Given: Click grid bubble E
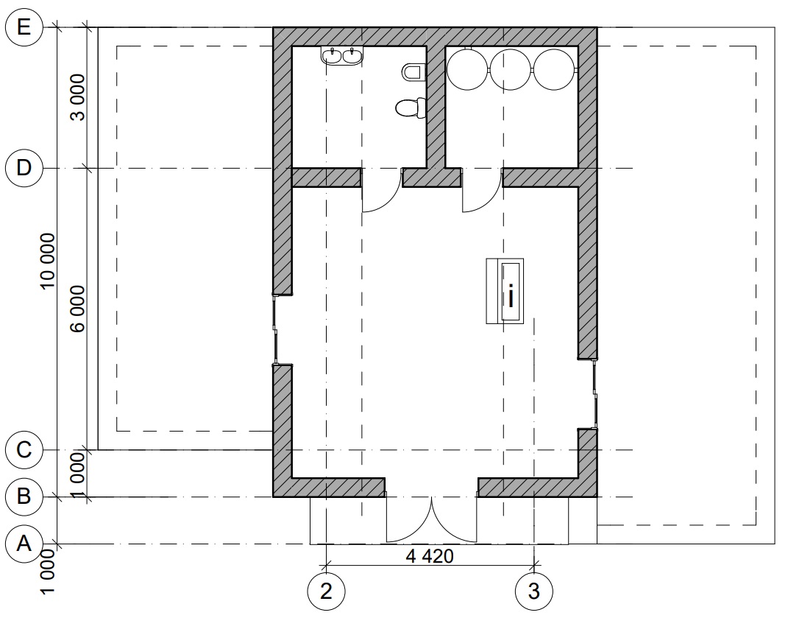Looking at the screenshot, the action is pyautogui.click(x=24, y=27).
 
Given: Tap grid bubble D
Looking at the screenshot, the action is pyautogui.click(x=24, y=168).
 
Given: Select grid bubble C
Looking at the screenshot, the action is pyautogui.click(x=24, y=449).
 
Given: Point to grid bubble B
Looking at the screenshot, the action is pyautogui.click(x=24, y=496).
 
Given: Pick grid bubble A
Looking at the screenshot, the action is pyautogui.click(x=24, y=544).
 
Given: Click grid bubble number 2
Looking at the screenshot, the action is pyautogui.click(x=326, y=591).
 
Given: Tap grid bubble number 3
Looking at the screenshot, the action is pyautogui.click(x=534, y=591).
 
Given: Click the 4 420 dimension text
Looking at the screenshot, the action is pyautogui.click(x=430, y=556).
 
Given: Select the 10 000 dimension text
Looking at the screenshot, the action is pyautogui.click(x=48, y=261).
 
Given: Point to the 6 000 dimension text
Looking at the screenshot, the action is pyautogui.click(x=78, y=309).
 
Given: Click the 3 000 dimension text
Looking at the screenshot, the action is pyautogui.click(x=78, y=98).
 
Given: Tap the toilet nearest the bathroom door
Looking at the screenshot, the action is pyautogui.click(x=411, y=108).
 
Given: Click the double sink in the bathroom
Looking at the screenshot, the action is pyautogui.click(x=342, y=55).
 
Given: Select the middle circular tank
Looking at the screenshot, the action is pyautogui.click(x=511, y=69).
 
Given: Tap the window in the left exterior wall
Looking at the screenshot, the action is pyautogui.click(x=275, y=329).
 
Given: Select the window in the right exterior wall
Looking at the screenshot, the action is pyautogui.click(x=595, y=393).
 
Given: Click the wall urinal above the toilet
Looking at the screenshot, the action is pyautogui.click(x=413, y=72).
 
